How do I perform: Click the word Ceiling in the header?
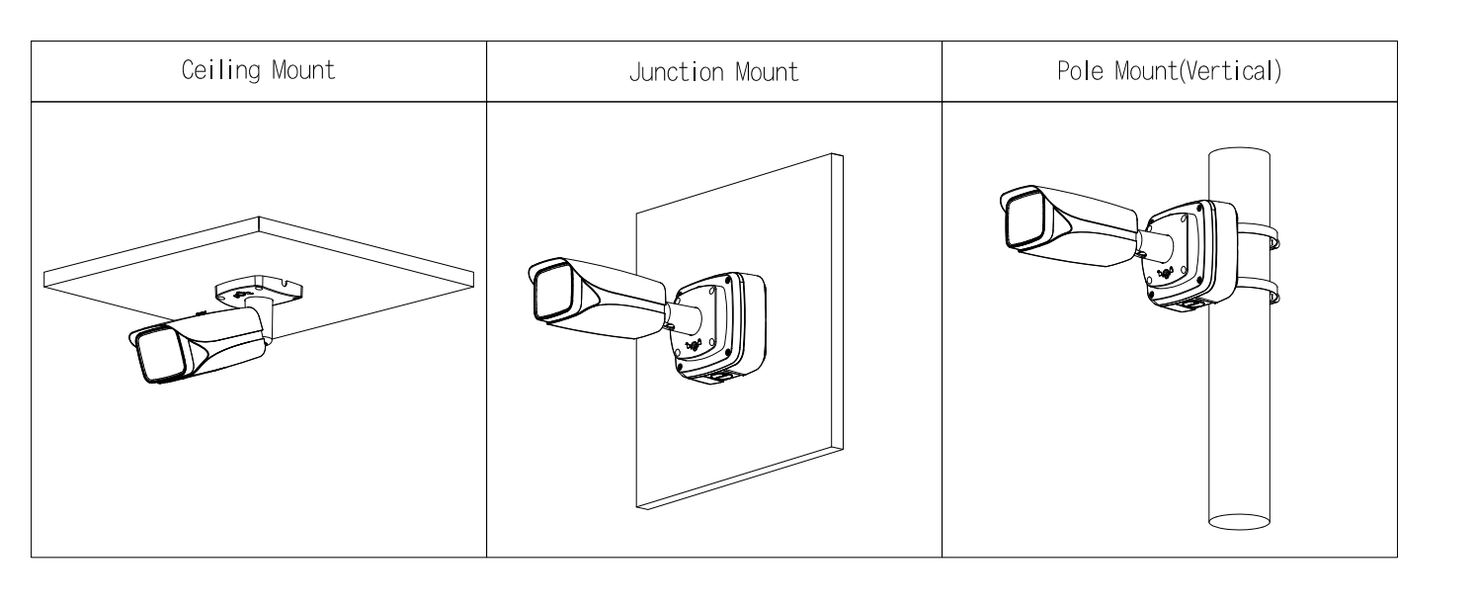[x=221, y=70]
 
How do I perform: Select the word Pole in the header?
[x=1080, y=70]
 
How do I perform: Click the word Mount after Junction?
[x=767, y=72]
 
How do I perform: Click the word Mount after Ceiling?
[x=303, y=70]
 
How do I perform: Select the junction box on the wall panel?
[x=720, y=327]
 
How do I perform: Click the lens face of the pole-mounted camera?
[x=1024, y=218]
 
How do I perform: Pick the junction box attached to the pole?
[x=1191, y=254]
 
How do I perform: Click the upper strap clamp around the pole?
[x=1259, y=234]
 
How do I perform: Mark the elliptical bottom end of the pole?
[x=1239, y=522]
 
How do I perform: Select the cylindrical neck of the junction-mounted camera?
[x=685, y=317]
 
